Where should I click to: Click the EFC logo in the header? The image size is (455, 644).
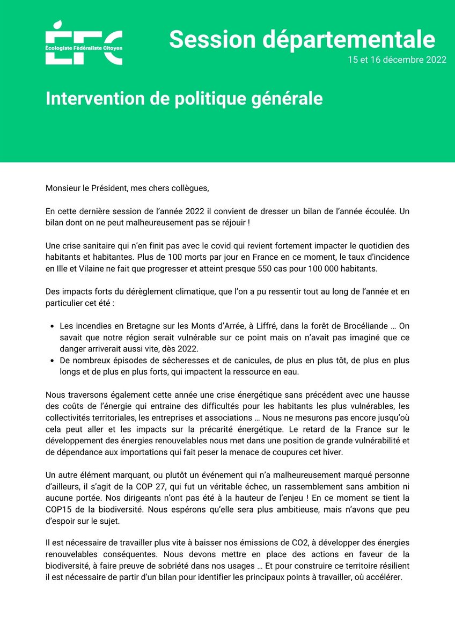click(x=84, y=42)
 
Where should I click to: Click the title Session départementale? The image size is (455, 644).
click(x=302, y=40)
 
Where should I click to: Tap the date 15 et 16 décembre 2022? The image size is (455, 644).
click(x=397, y=60)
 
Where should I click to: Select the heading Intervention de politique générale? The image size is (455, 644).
click(x=184, y=98)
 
